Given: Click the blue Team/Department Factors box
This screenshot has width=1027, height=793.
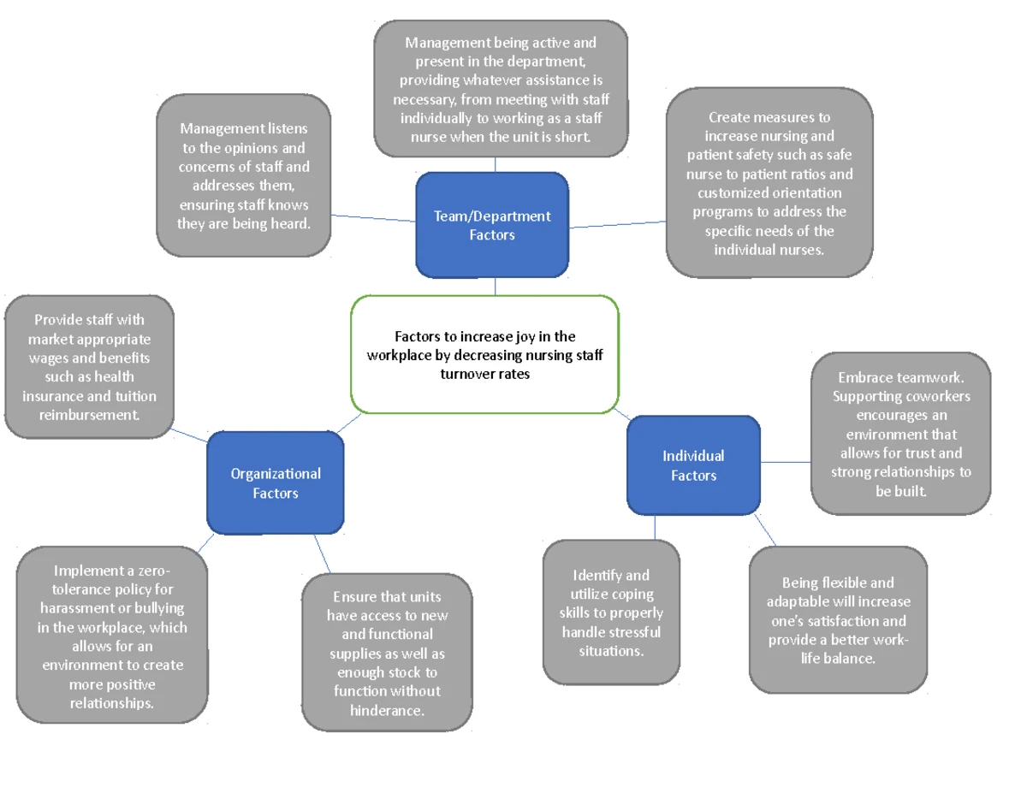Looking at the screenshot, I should click(492, 225).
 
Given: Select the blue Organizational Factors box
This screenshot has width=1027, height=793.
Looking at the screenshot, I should click(275, 482).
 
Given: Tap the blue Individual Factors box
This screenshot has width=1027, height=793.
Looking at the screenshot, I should click(693, 465).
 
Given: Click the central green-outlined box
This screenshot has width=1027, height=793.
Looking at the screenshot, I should click(484, 355).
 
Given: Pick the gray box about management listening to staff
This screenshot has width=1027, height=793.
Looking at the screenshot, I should click(244, 176).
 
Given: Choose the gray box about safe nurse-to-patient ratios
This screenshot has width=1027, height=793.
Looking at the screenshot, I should click(769, 183).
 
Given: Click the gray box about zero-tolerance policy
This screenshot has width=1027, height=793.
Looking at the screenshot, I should click(112, 636).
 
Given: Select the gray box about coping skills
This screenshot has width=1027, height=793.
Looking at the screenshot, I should click(611, 613).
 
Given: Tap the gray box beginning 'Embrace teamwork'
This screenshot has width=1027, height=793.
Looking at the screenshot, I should click(900, 434).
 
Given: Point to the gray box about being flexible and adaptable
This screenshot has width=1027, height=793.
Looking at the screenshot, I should click(838, 620).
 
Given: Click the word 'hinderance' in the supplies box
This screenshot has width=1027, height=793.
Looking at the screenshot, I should click(388, 710).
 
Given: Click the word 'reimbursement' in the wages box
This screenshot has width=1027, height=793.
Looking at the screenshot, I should click(90, 415).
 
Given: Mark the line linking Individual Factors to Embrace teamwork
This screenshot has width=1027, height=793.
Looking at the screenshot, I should click(786, 462).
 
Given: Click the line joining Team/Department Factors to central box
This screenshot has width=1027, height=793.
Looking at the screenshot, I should click(495, 287).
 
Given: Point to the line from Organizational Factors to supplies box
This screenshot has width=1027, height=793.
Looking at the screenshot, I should click(322, 553).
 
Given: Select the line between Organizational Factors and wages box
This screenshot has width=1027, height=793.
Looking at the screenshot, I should click(189, 433).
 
